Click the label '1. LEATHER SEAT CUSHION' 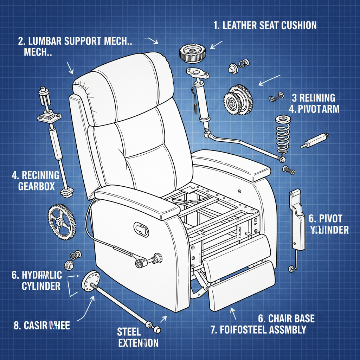point(265,25)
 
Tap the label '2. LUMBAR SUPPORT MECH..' point(75,40)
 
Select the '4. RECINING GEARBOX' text point(35,180)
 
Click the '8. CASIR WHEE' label point(41,326)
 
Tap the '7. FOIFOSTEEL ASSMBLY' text point(258,330)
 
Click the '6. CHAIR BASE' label point(286,319)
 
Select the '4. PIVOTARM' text point(314,109)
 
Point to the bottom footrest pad point(243,288)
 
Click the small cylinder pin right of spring point(315,140)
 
